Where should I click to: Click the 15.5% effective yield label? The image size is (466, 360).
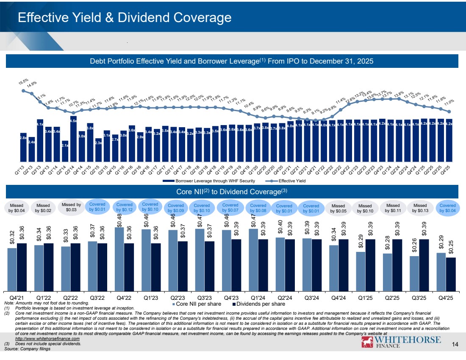pos(23,82)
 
